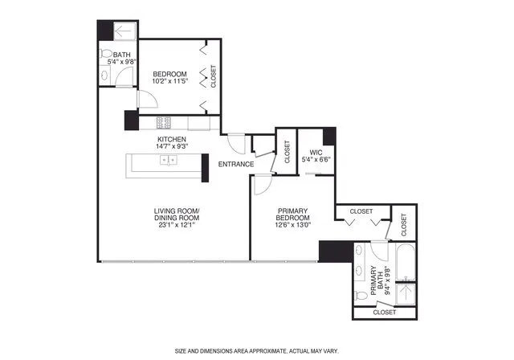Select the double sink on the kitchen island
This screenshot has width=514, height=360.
pyautogui.click(x=169, y=160)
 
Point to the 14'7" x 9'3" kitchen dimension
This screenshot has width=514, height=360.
pyautogui.click(x=172, y=147)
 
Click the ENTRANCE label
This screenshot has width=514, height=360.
pyautogui.click(x=236, y=164)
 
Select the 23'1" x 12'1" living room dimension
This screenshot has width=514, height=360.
pyautogui.click(x=177, y=223)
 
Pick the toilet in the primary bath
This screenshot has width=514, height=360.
pyautogui.click(x=361, y=296)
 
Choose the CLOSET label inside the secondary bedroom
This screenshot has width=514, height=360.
pyautogui.click(x=213, y=76)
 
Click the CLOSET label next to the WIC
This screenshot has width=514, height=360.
pyautogui.click(x=287, y=153)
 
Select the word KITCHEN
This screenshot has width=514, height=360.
pyautogui.click(x=172, y=140)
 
